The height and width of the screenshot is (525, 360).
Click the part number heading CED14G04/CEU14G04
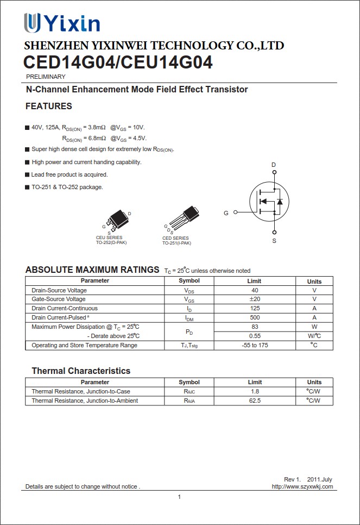pyautogui.click(x=118, y=63)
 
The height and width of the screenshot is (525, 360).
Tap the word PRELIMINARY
pyautogui.click(x=46, y=77)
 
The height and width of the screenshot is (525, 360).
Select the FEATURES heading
pyautogui.click(x=49, y=106)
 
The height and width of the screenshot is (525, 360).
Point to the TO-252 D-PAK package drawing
pyautogui.click(x=117, y=220)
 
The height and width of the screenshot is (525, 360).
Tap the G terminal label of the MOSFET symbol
pyautogui.click(x=226, y=213)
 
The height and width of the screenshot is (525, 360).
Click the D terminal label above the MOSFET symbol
pyautogui.click(x=274, y=165)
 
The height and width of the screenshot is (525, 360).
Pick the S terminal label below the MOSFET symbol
pyautogui.click(x=274, y=241)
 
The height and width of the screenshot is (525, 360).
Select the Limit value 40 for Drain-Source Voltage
pyautogui.click(x=254, y=290)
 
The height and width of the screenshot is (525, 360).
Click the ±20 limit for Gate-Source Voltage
pyautogui.click(x=254, y=299)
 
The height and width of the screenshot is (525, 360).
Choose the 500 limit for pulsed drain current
pyautogui.click(x=254, y=317)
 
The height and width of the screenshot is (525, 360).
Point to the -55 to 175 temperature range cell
pyautogui.click(x=254, y=345)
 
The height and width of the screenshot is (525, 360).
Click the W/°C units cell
pyautogui.click(x=314, y=336)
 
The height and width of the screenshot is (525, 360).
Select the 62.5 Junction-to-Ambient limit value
pyautogui.click(x=254, y=401)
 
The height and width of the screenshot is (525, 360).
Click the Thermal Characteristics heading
pyautogui.click(x=81, y=371)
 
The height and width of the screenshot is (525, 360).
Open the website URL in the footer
pyautogui.click(x=302, y=486)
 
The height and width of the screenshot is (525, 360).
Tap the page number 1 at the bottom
pyautogui.click(x=179, y=497)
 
